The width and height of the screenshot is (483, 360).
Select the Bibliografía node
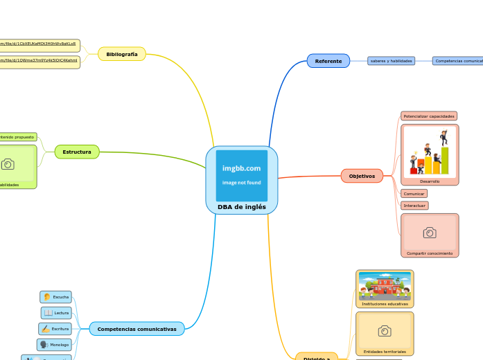pyautogui.click(x=122, y=54)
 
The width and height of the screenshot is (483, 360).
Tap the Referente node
pyautogui.click(x=328, y=61)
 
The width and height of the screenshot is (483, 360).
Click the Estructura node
pyautogui.click(x=77, y=152)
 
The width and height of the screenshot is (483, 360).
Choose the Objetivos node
pyautogui.click(x=362, y=176)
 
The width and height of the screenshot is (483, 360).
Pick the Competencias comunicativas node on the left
pyautogui.click(x=137, y=329)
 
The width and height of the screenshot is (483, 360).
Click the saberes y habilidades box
pyautogui.click(x=391, y=61)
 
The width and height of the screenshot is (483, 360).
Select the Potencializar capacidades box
pyautogui.click(x=428, y=116)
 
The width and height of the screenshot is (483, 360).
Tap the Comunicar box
pyautogui.click(x=414, y=194)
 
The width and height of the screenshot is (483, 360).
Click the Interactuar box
pyautogui.click(x=414, y=206)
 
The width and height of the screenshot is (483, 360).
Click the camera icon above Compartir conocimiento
pyautogui.click(x=429, y=233)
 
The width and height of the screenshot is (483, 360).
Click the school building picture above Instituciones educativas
pyautogui.click(x=384, y=285)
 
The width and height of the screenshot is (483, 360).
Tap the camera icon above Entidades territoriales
pyautogui.click(x=384, y=331)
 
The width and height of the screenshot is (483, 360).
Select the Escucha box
pyautogui.click(x=56, y=297)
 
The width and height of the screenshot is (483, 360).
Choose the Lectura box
pyautogui.click(x=57, y=313)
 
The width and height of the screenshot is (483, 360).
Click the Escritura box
pyautogui.click(x=55, y=329)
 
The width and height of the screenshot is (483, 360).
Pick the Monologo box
pyautogui.click(x=54, y=344)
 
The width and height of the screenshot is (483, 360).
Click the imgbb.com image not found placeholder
pyautogui.click(x=241, y=175)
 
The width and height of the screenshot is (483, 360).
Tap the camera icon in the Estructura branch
pyautogui.click(x=8, y=164)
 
